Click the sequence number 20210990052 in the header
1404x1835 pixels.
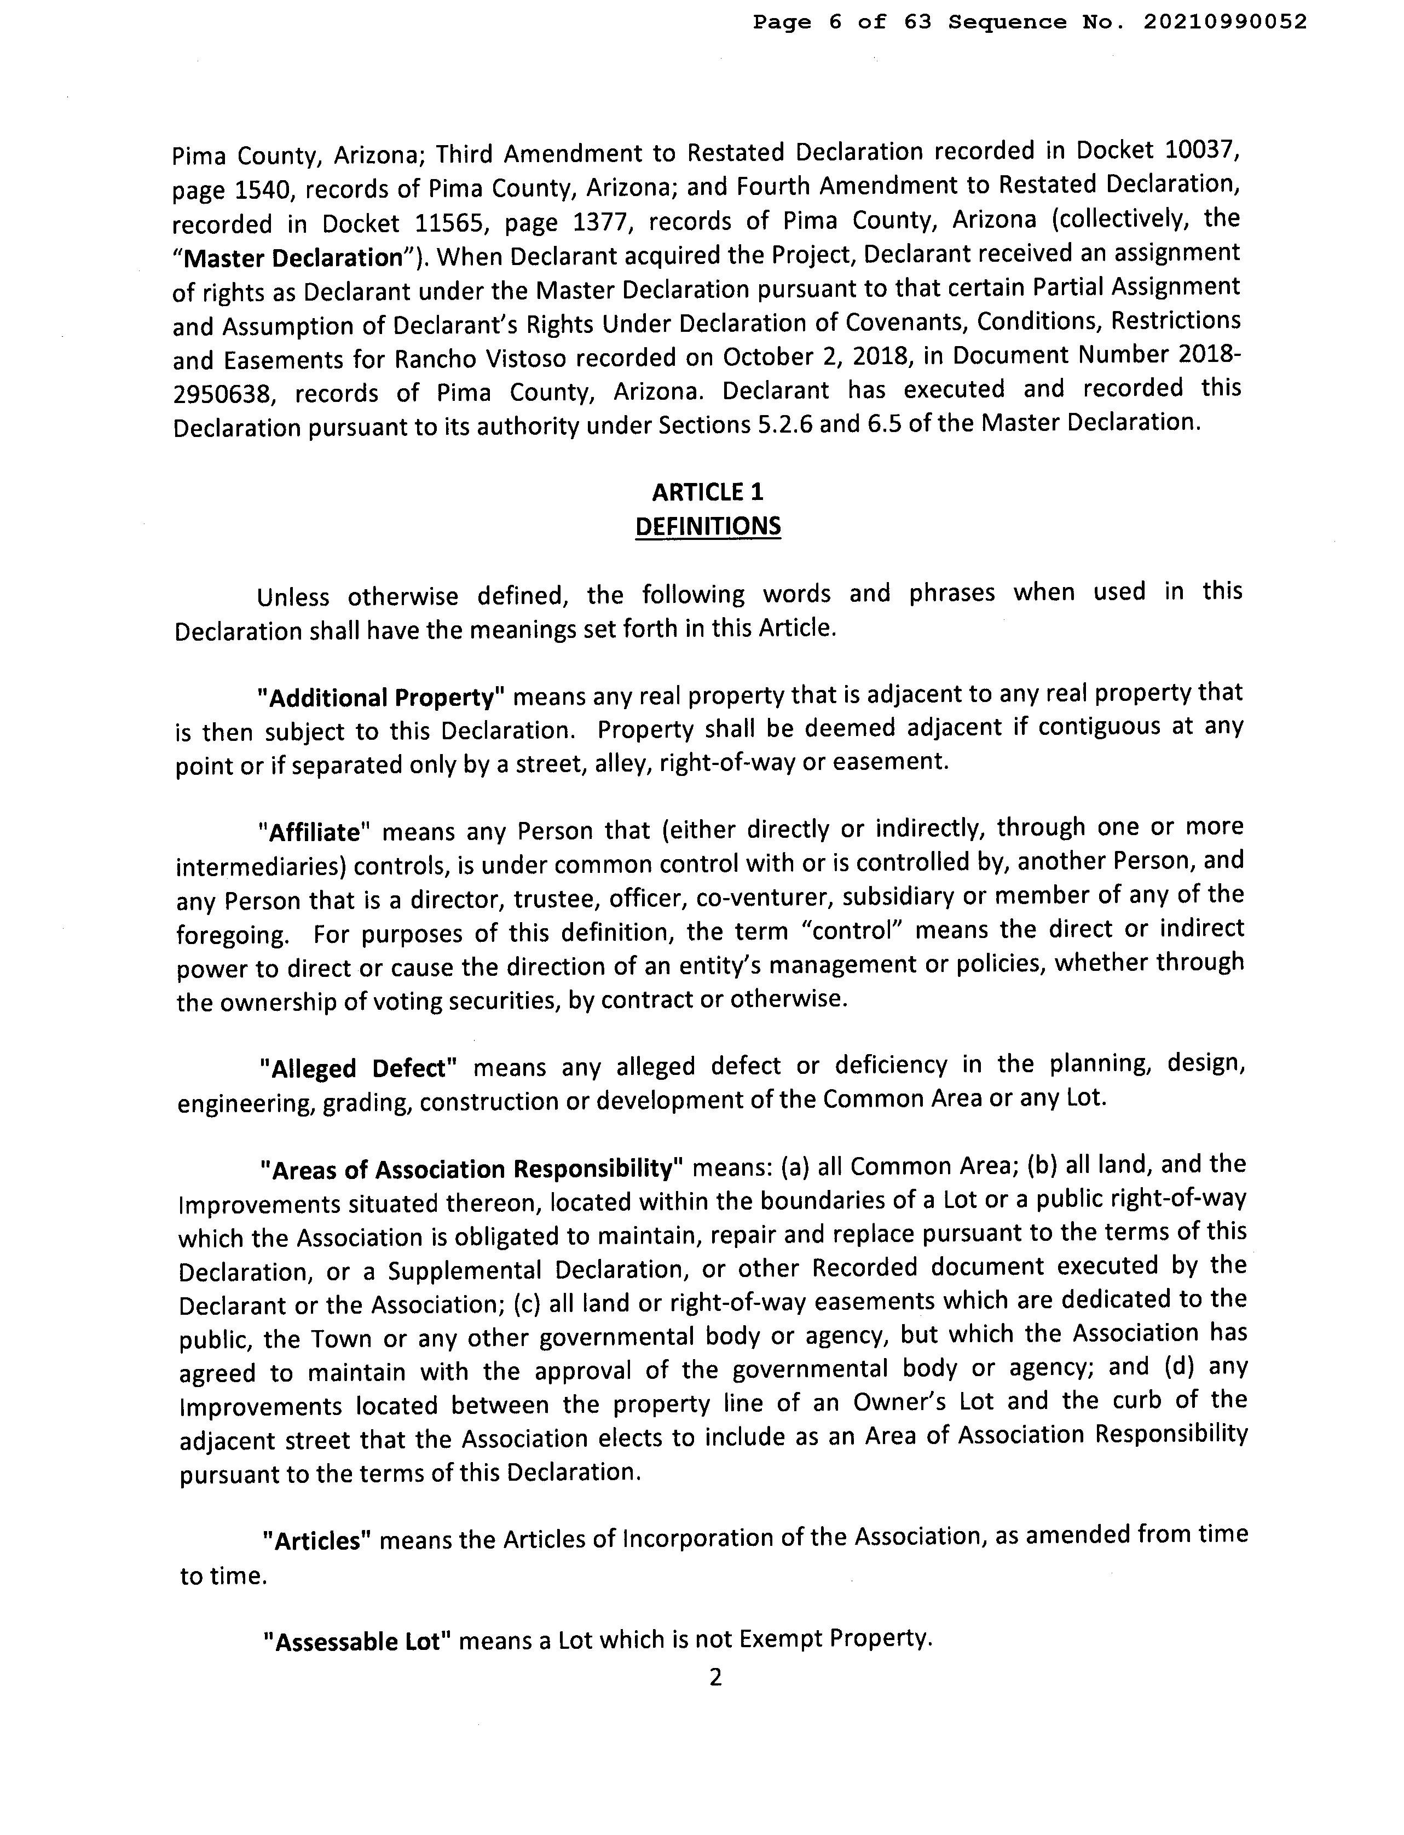(x=1224, y=22)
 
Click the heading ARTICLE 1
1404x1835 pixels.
(x=707, y=492)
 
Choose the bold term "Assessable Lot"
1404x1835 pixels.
(x=357, y=1642)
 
